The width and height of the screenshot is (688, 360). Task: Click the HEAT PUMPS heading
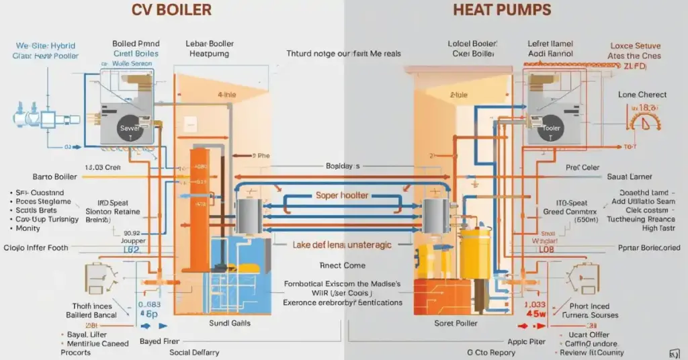tap(502, 10)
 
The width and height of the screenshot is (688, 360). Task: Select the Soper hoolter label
tap(343, 195)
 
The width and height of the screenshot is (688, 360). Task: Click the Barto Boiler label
tap(50, 177)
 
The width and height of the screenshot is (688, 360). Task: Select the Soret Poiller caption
tap(456, 323)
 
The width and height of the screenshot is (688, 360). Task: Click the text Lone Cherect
tap(642, 95)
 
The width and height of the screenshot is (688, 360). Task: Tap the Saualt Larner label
tap(630, 177)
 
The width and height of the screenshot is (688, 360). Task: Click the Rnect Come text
tap(343, 265)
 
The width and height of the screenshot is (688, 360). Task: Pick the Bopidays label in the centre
tap(343, 165)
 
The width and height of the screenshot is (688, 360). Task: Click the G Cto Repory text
tap(491, 352)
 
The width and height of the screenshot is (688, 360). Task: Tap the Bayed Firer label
tap(159, 341)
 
